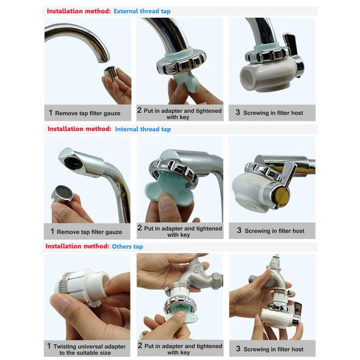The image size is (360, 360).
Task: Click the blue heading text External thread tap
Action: click(142, 11)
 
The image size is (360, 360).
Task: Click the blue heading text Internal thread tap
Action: click(143, 129)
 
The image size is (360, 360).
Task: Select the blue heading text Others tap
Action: click(127, 247)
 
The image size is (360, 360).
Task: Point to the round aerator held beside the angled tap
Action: click(62, 194)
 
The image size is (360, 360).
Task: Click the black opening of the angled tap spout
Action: click(73, 162)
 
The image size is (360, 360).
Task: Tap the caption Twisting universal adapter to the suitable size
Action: click(89, 350)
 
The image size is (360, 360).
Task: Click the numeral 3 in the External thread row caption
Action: click(237, 112)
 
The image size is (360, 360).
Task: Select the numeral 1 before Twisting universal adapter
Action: click(49, 346)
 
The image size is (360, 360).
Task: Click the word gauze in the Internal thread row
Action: click(113, 232)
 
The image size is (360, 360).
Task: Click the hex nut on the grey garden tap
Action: click(217, 281)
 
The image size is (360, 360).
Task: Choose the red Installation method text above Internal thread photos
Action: click(79, 129)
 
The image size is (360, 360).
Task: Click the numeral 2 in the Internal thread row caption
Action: click(140, 228)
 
